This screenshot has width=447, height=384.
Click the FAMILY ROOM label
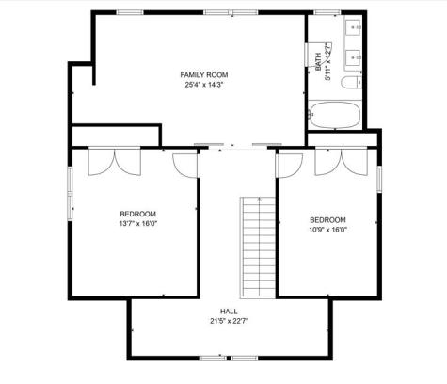(205, 74)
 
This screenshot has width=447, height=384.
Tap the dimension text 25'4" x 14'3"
(205, 85)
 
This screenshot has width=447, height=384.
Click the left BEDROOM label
(137, 214)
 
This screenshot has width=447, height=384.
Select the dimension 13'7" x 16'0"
(137, 224)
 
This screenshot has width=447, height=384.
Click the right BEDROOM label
(327, 219)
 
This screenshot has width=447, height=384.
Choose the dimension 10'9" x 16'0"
(327, 230)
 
